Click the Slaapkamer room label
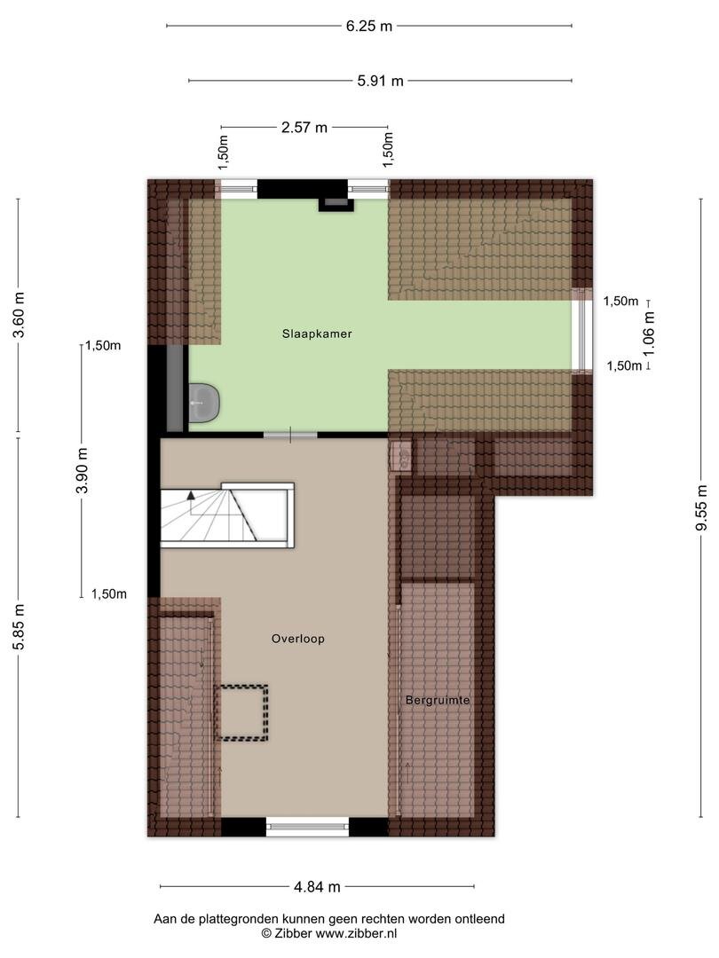tap(317, 334)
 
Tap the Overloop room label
tap(297, 639)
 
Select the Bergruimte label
tap(438, 700)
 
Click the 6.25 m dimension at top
tap(368, 27)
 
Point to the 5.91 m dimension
tap(380, 81)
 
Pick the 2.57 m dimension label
tap(304, 128)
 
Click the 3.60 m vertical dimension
tap(19, 315)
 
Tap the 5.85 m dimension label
tap(19, 627)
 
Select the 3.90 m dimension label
tap(83, 470)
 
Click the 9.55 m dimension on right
tap(701, 507)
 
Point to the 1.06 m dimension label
tap(649, 334)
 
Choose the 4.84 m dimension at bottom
tap(317, 886)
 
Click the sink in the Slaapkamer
tap(203, 403)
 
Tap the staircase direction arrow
tap(192, 495)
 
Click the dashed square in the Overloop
tap(242, 713)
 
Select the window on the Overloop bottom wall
tap(307, 827)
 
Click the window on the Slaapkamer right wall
tap(581, 330)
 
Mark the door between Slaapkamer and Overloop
tap(290, 435)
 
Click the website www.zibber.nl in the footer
tap(356, 933)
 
